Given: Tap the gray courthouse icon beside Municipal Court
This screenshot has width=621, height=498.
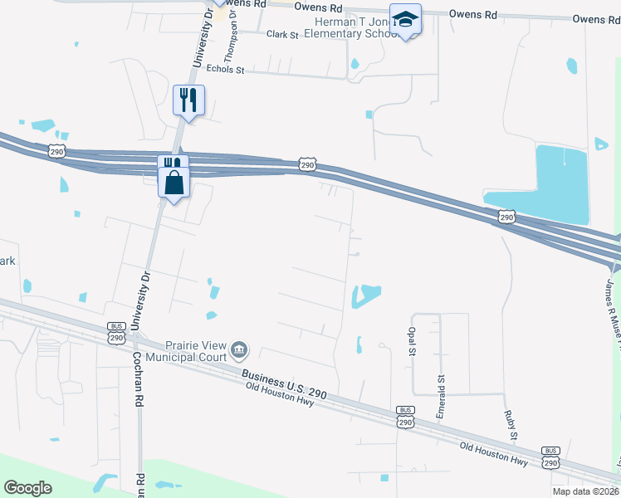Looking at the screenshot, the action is click(x=239, y=349).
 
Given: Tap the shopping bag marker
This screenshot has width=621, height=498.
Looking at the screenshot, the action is click(x=174, y=182).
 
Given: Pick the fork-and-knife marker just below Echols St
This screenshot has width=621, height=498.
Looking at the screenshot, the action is click(x=188, y=100).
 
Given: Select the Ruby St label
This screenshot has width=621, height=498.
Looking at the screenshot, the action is click(x=513, y=423).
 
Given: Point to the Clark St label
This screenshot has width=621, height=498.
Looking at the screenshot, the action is click(x=282, y=34).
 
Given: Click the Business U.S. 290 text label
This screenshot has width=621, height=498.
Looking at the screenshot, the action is click(x=284, y=383).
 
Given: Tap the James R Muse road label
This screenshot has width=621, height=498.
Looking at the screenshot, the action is click(x=612, y=303).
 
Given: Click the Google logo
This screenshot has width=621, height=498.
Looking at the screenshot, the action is click(x=27, y=488).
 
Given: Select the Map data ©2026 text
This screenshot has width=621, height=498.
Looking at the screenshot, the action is click(x=586, y=491).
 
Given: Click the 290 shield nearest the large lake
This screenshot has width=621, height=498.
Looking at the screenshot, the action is click(x=506, y=217).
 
